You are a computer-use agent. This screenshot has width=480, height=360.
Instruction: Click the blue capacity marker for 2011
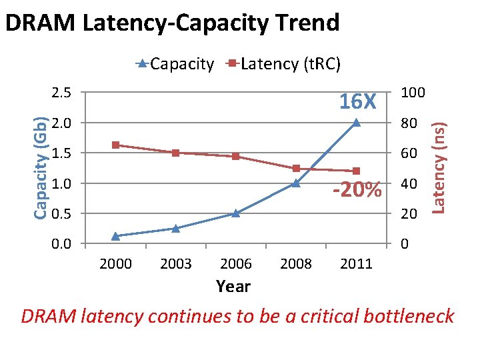[356, 123]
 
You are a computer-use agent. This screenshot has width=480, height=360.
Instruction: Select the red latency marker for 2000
[115, 145]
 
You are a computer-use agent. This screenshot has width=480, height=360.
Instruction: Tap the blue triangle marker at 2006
[236, 213]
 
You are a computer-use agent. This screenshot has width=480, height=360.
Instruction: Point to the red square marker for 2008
[296, 168]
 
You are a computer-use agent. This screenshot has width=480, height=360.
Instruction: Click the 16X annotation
[358, 102]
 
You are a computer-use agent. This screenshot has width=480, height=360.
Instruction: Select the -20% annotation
[357, 190]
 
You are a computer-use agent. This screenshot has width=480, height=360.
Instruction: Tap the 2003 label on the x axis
[176, 264]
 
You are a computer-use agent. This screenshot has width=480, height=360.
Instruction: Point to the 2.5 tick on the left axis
[62, 92]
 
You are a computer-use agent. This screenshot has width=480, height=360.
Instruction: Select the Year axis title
[233, 287]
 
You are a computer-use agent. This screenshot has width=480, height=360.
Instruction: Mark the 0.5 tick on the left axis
[62, 213]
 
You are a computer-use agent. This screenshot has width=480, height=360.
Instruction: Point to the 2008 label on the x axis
[296, 264]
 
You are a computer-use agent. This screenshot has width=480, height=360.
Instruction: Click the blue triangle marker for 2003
[175, 228]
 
